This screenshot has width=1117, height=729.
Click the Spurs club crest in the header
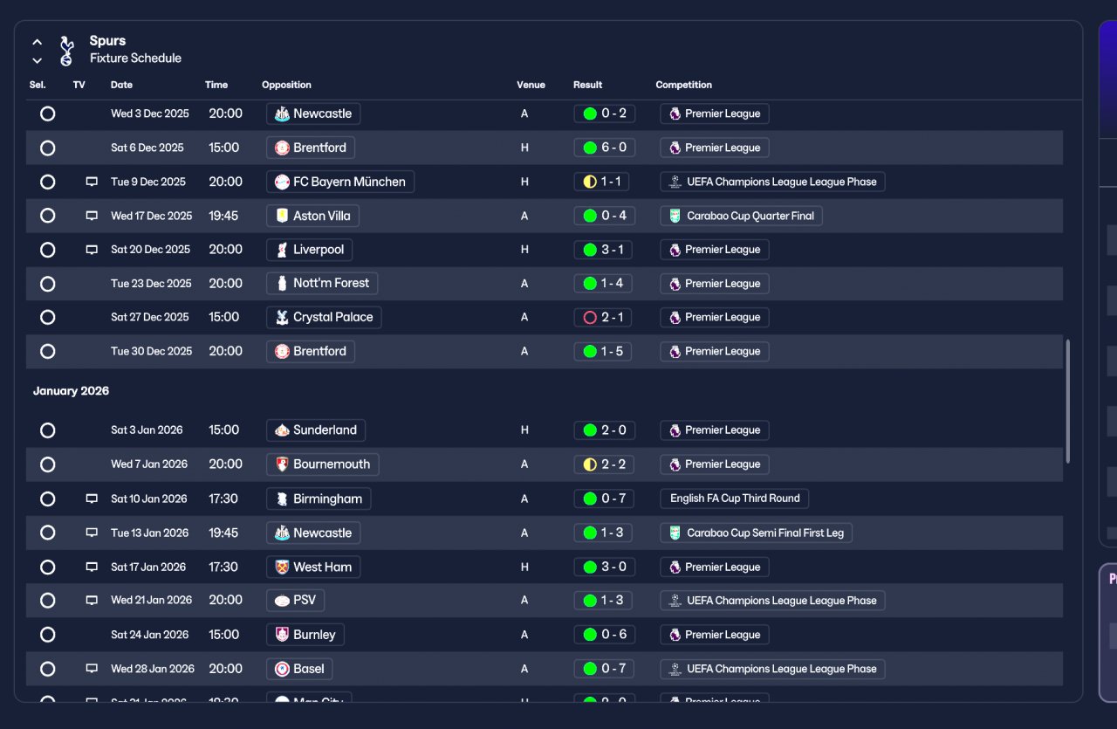[66, 50]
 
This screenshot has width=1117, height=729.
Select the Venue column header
[531, 85]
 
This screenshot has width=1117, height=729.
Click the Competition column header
[683, 85]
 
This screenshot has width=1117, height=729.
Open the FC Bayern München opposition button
[339, 182]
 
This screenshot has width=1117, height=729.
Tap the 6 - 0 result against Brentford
[604, 148]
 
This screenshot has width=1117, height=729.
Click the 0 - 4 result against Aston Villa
[604, 216]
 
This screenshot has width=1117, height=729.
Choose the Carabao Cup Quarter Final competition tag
[741, 216]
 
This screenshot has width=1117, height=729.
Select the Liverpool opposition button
[309, 250]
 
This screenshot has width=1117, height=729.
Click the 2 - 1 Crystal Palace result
[604, 317]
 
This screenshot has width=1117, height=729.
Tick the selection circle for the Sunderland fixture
[48, 430]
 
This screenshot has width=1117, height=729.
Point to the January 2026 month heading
[71, 391]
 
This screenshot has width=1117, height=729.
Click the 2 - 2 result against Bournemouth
[604, 464]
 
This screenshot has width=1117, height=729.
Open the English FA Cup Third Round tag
[735, 499]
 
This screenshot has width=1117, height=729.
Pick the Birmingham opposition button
[318, 499]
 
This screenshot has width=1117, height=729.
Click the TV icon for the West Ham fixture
[92, 567]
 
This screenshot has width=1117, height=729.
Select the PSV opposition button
[295, 601]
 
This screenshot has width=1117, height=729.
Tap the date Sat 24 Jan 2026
[149, 635]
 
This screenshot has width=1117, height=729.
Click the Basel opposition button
[299, 669]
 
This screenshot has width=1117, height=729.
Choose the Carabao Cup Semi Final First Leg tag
[756, 533]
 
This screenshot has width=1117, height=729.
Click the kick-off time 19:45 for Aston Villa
[223, 216]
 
